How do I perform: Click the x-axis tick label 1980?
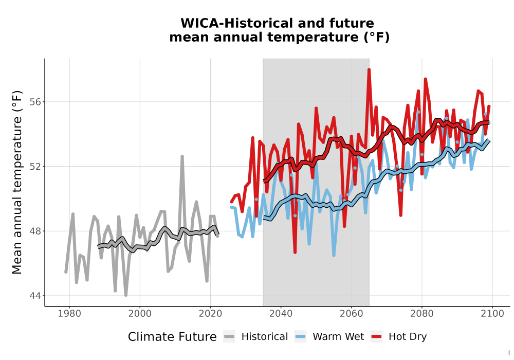(69, 313)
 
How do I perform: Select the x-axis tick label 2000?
(140, 313)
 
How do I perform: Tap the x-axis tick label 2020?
(210, 313)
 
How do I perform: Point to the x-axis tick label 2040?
(281, 313)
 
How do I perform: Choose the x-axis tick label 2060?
(351, 313)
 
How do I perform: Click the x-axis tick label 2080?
(421, 313)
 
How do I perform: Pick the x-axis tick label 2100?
(492, 313)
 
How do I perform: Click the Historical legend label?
(265, 337)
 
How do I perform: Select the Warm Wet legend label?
(338, 337)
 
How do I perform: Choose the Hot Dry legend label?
(408, 337)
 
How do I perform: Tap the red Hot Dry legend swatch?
(377, 337)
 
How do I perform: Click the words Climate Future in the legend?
(172, 337)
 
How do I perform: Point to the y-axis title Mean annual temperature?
(17, 182)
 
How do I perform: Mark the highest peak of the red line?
(369, 69)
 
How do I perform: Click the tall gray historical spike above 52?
(182, 156)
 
